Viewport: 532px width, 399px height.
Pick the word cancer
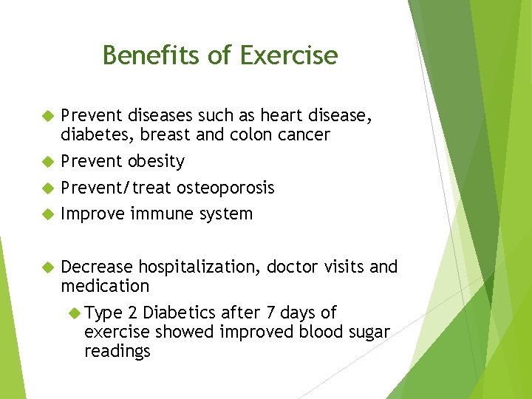click(x=305, y=134)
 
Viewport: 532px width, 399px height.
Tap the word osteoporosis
click(x=225, y=188)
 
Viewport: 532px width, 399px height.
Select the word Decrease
click(x=97, y=267)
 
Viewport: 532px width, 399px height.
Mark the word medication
click(x=105, y=286)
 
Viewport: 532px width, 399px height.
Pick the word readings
click(x=117, y=351)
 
